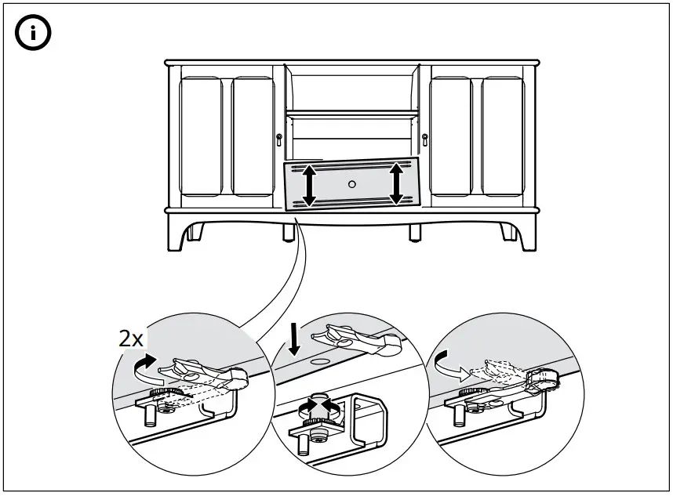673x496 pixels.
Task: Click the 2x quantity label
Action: tap(131, 339)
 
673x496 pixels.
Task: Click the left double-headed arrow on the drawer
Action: tap(309, 185)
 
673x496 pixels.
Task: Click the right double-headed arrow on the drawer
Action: tap(397, 183)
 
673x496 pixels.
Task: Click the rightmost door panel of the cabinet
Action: tap(503, 137)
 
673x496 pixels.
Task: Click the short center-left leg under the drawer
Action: tap(288, 231)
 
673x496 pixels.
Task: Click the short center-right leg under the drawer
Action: tap(415, 232)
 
